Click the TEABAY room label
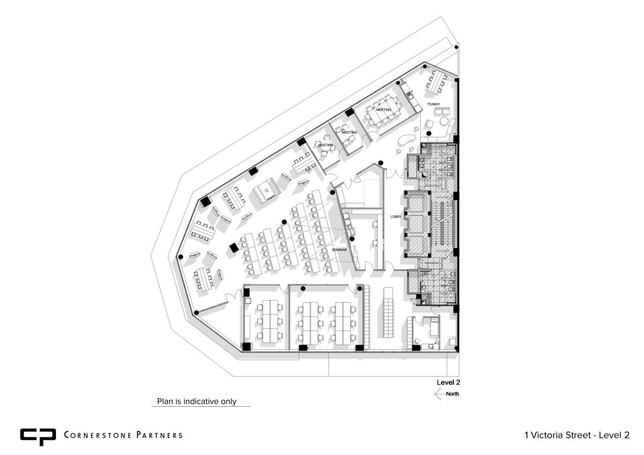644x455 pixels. coord(433,104)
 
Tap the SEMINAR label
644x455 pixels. coord(339,250)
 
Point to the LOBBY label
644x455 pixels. coord(396,217)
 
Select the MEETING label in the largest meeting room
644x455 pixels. coord(384,110)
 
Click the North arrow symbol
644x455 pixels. coord(440,394)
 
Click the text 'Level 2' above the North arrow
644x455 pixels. coord(448,382)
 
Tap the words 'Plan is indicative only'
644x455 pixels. coord(196,401)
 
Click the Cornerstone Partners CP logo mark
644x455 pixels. coord(38,437)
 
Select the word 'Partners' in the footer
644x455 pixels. coord(159,435)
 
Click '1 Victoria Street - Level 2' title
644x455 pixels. coord(577,435)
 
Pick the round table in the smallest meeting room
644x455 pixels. coord(325,146)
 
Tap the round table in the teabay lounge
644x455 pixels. coord(444,121)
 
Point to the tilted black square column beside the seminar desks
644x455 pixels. coord(234,248)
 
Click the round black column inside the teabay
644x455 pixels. coord(429,133)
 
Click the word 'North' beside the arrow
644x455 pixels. coord(452,394)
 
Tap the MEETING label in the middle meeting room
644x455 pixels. coord(349,132)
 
